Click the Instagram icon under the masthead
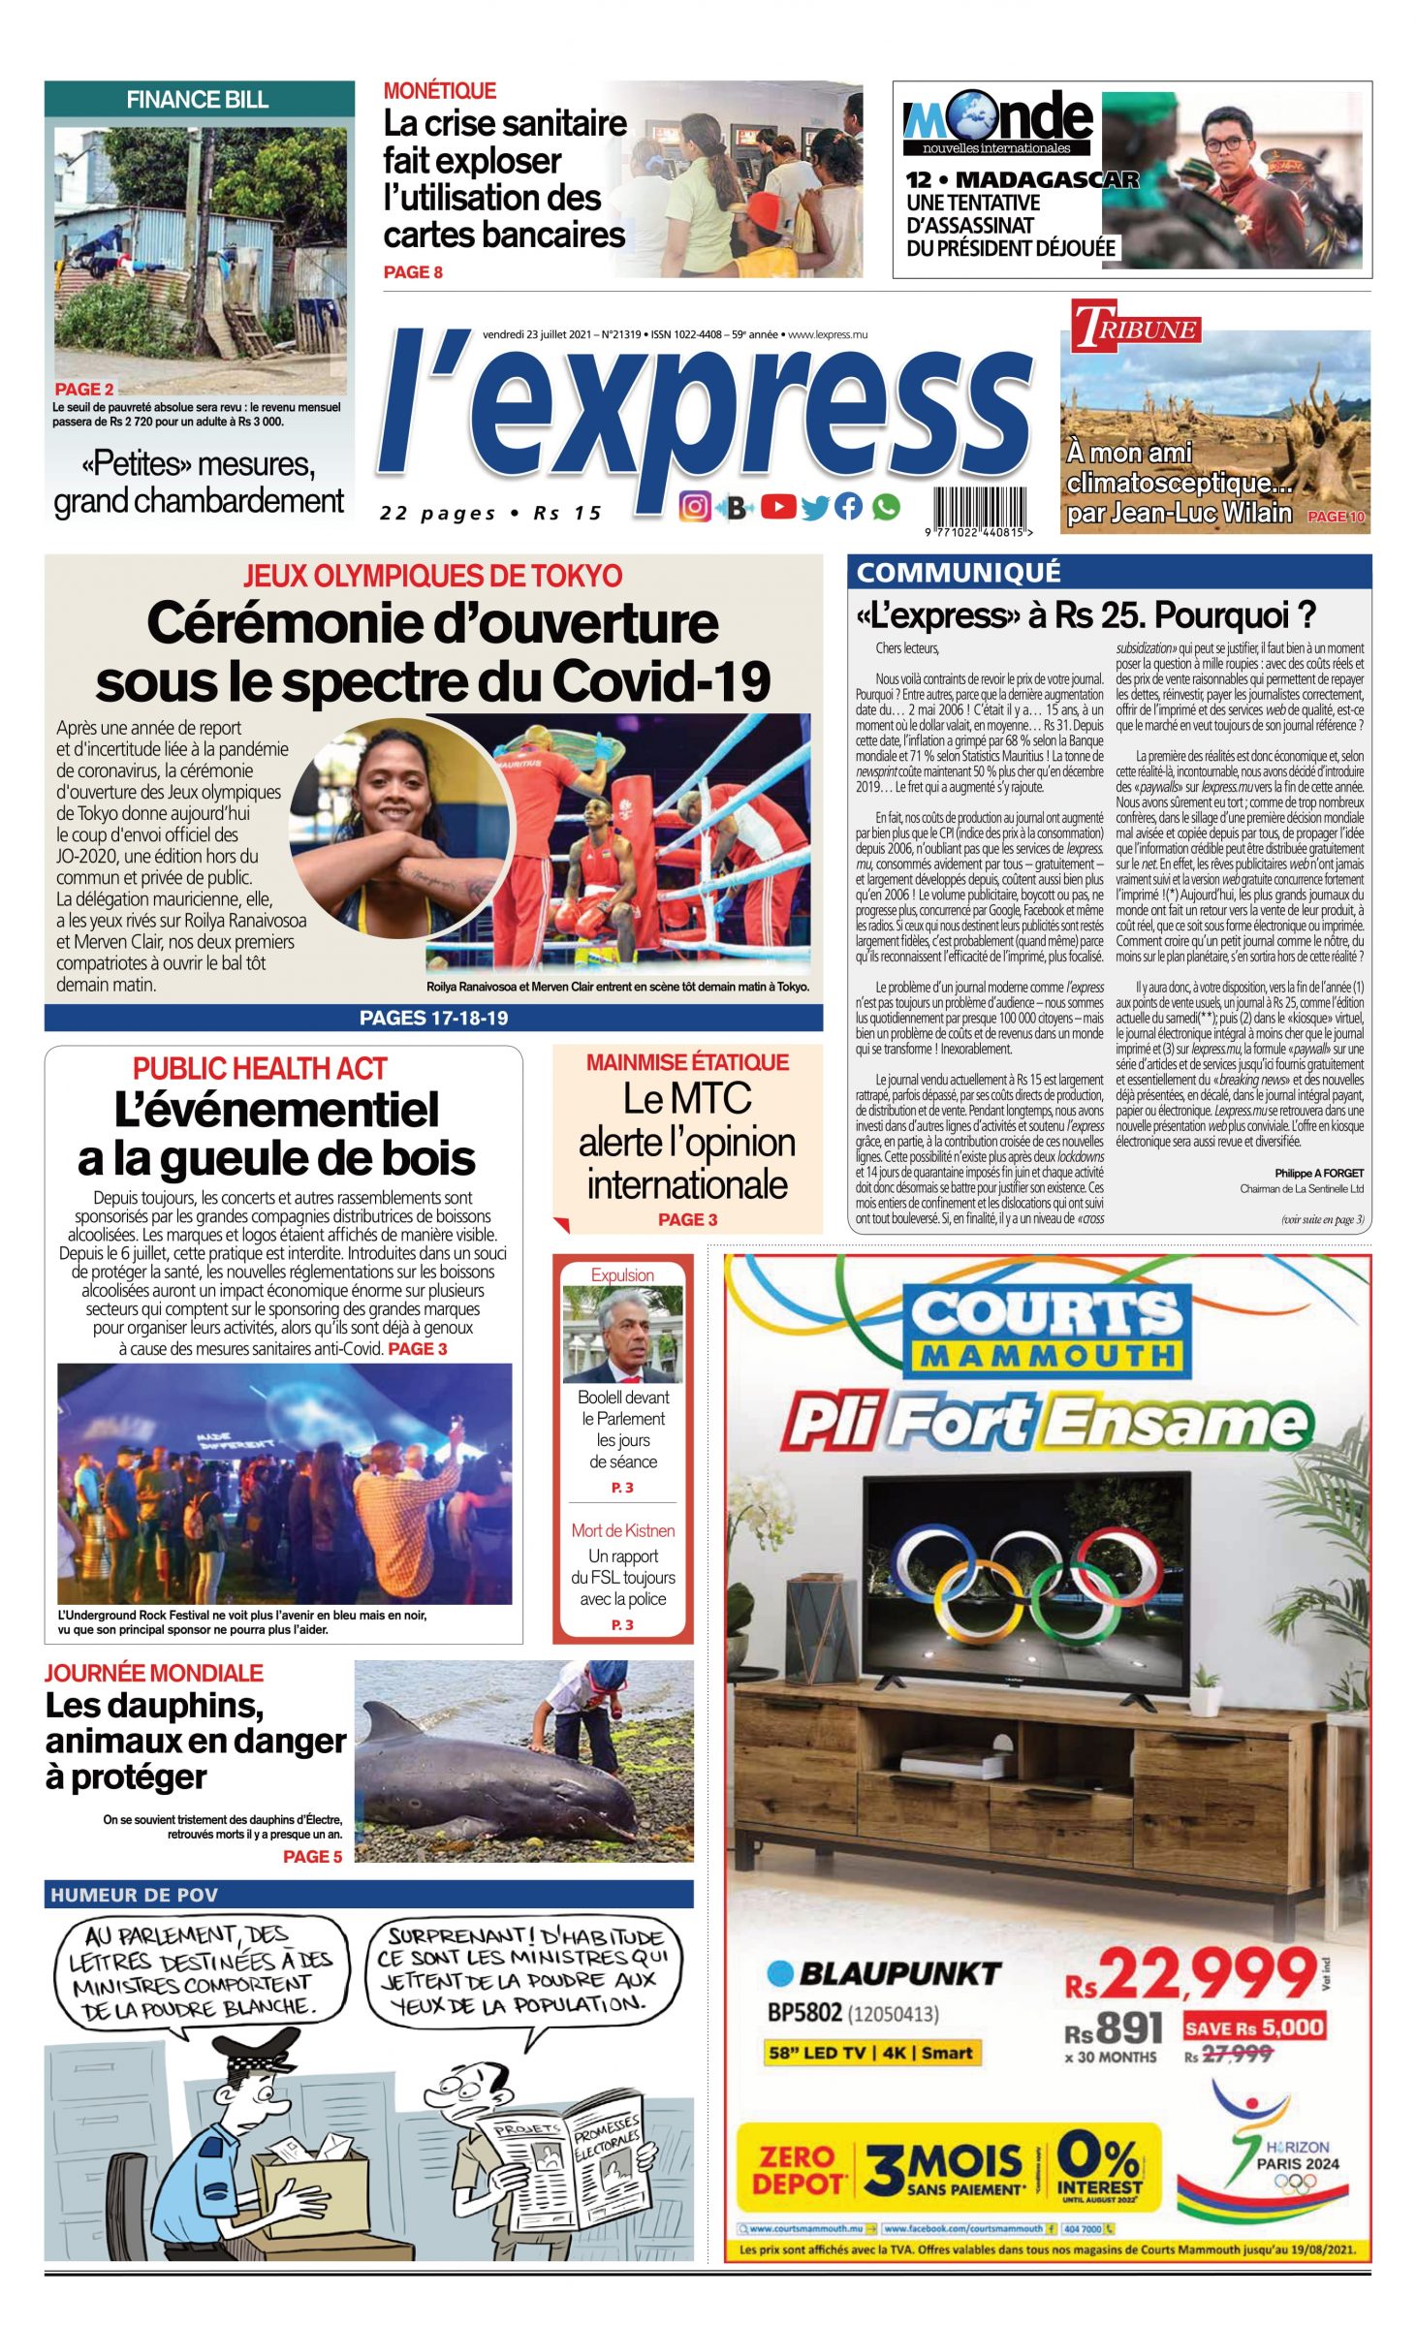click(x=694, y=507)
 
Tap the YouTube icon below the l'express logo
click(x=778, y=507)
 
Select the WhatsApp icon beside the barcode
click(x=885, y=507)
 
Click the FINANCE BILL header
click(x=198, y=100)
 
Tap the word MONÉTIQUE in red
click(x=439, y=91)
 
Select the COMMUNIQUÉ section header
click(x=958, y=573)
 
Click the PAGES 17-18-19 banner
click(x=433, y=1018)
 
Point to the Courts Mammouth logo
click(x=1047, y=1330)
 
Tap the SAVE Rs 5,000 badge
click(x=1253, y=2027)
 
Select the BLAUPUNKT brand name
click(x=897, y=1973)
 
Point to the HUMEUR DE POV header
click(x=134, y=1895)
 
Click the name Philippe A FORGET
click(x=1318, y=1173)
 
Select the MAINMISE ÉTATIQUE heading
click(x=686, y=1062)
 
